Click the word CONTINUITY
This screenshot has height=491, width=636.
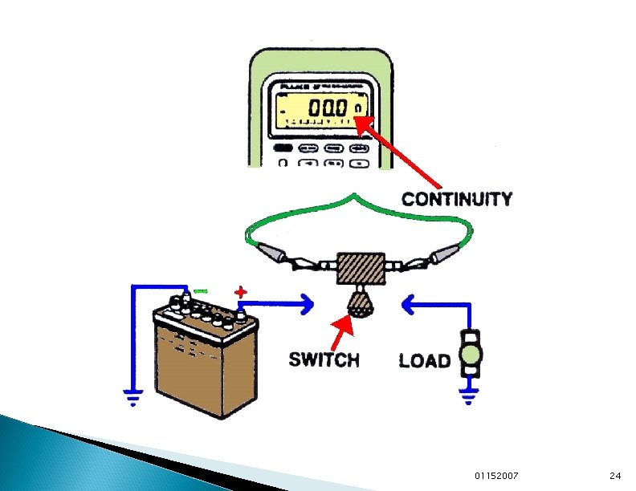(456, 198)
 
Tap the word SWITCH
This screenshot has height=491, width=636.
(324, 359)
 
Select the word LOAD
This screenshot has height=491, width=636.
(424, 360)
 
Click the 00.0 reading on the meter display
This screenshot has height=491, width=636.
(331, 108)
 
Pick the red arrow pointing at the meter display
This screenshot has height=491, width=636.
(393, 152)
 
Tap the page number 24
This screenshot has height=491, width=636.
(616, 476)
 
